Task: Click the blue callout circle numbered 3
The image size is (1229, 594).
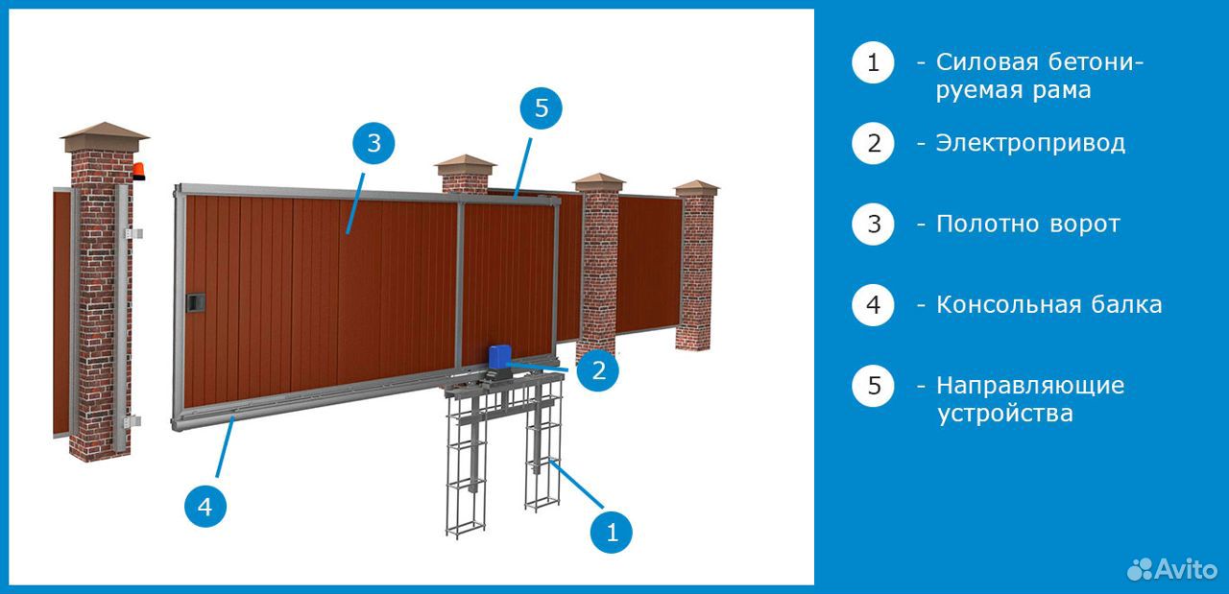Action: (x=374, y=143)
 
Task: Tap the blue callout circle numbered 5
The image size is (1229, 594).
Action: (x=541, y=108)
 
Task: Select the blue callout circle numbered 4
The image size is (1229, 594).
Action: (x=205, y=507)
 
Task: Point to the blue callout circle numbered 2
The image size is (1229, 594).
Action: (x=598, y=370)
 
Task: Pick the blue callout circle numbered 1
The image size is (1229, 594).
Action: (x=612, y=532)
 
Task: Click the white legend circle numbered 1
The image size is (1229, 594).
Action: (x=873, y=62)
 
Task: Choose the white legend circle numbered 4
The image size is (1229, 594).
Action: (x=873, y=305)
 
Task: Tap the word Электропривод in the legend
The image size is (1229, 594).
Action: (x=1030, y=144)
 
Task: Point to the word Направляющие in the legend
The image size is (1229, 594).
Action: (x=1030, y=386)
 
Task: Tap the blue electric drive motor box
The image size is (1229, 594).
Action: (x=498, y=356)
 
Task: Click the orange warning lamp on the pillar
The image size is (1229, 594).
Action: (x=139, y=171)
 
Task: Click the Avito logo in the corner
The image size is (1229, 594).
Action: (x=1172, y=570)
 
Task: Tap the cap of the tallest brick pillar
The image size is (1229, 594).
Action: (x=105, y=137)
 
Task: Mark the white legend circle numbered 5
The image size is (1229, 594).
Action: (x=873, y=386)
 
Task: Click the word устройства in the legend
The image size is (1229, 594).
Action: (x=1004, y=414)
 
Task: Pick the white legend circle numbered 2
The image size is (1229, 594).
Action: (x=873, y=143)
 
